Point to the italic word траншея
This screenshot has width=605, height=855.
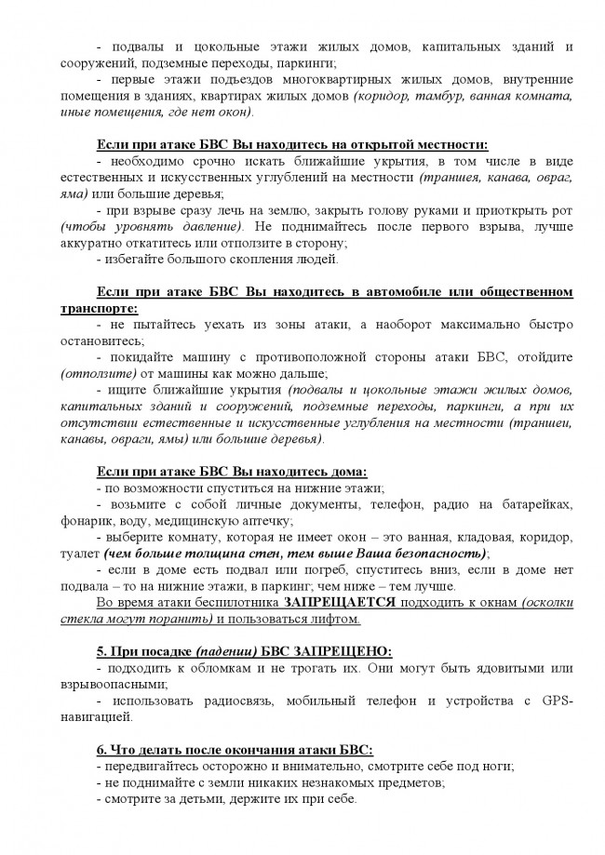click(x=448, y=176)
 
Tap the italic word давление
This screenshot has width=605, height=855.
click(x=215, y=226)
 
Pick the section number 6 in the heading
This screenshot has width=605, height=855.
click(x=101, y=749)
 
